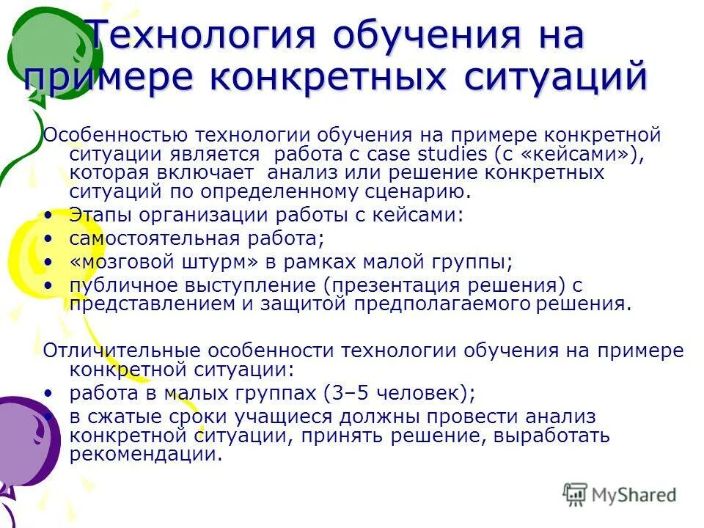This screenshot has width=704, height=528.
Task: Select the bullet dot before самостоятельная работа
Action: pos(48,239)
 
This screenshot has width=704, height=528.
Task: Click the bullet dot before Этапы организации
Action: pos(48,216)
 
